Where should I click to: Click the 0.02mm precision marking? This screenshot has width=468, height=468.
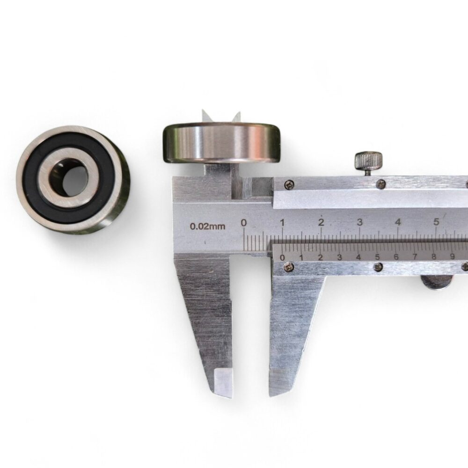pos(207,226)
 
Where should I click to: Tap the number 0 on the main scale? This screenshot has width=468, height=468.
pos(244,223)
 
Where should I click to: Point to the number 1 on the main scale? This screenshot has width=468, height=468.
pos(282,223)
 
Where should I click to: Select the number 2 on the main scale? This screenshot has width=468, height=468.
pos(321,222)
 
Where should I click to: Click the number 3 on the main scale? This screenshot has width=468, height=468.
pos(359,222)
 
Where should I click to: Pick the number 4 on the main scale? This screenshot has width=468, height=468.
pos(398,222)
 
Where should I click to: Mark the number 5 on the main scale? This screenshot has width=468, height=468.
pos(436,222)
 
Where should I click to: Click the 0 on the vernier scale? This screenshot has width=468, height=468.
pos(282,258)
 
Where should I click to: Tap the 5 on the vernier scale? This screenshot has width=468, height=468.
pos(377,257)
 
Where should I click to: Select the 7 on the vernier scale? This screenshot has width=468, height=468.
pos(415,256)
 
